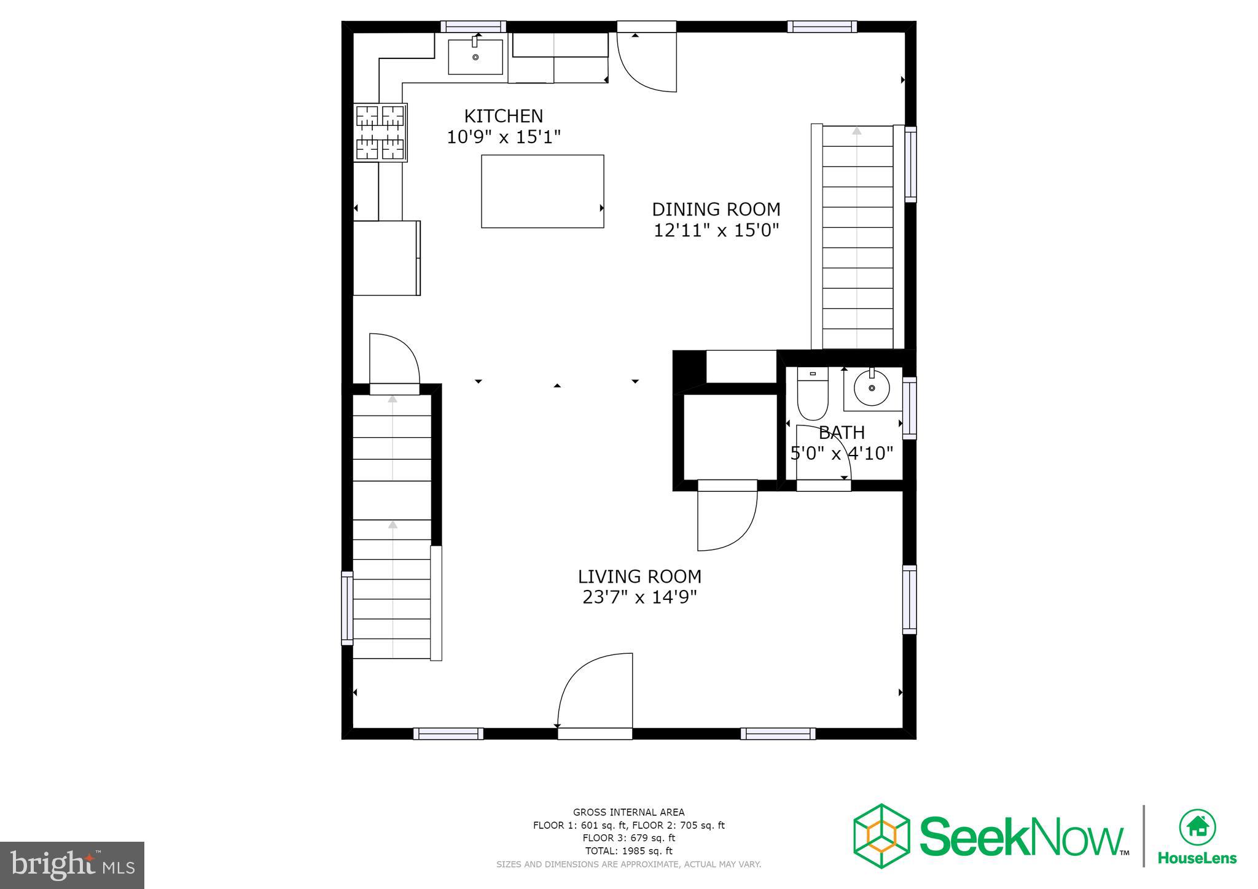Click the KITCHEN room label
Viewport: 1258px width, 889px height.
[503, 116]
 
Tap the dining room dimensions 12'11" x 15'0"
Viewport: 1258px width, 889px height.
[716, 231]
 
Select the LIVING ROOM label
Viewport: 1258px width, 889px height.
[639, 576]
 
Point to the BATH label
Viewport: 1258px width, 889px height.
[842, 433]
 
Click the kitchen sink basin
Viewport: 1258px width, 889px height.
[475, 57]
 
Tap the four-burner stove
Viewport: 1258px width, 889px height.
[381, 133]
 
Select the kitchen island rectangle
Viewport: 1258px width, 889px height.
[542, 191]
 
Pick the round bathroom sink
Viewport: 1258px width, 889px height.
[872, 388]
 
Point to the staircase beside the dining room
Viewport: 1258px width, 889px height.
[857, 237]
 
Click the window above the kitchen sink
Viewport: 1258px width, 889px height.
[473, 26]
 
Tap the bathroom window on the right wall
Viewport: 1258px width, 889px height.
[910, 408]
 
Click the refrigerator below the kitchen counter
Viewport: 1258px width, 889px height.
[386, 258]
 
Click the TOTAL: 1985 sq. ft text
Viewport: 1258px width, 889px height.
[628, 851]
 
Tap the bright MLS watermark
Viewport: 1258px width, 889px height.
[72, 865]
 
